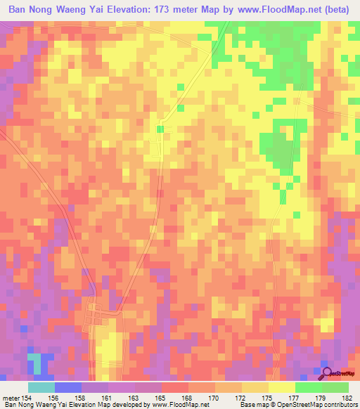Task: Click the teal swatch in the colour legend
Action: [x=41, y=387]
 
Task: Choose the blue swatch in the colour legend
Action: [x=68, y=387]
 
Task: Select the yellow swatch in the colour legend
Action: [x=281, y=387]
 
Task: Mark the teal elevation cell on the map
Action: [x=34, y=363]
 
